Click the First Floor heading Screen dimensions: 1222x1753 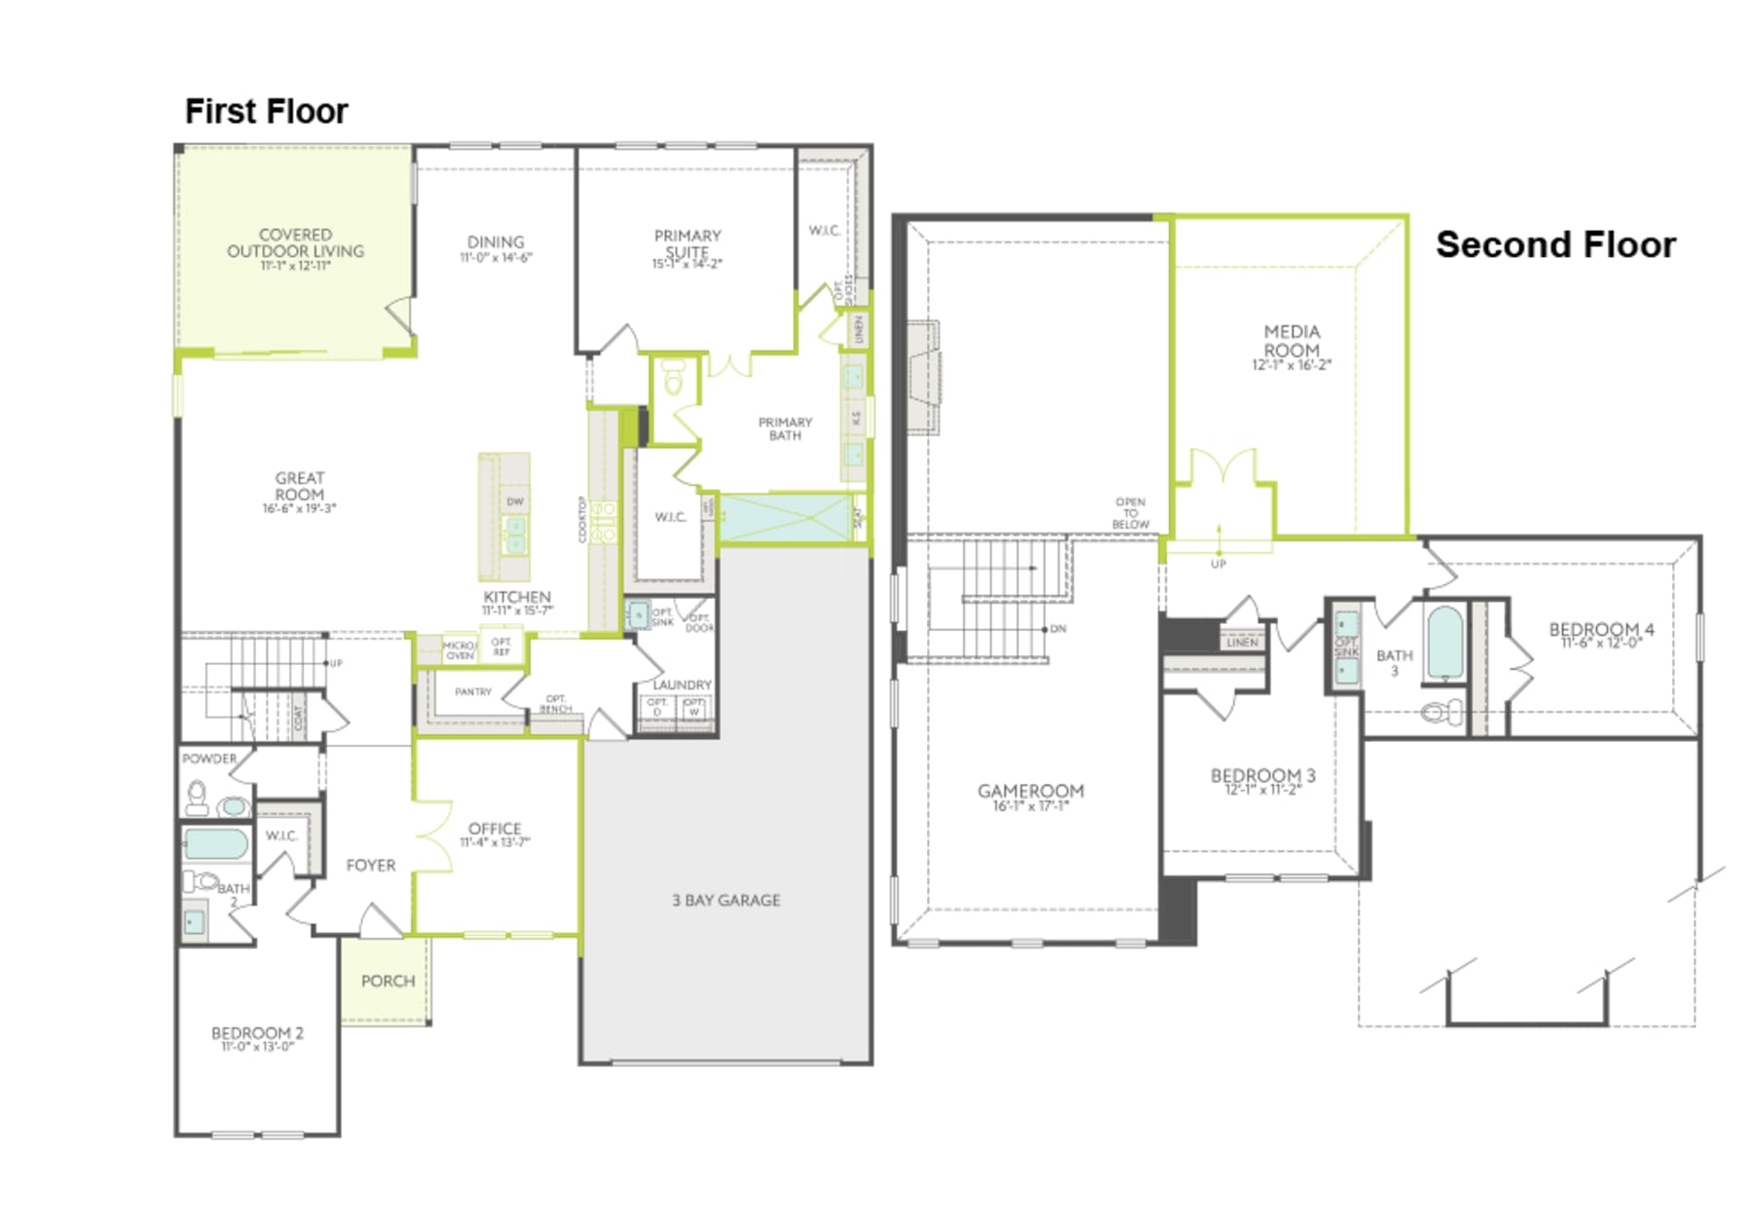(x=266, y=111)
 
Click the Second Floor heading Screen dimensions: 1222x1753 (x=1555, y=244)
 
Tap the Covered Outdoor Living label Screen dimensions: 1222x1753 (x=295, y=242)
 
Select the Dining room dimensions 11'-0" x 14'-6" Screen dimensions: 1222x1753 (x=496, y=258)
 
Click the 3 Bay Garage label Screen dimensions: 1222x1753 (x=726, y=901)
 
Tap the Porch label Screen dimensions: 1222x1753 (x=388, y=981)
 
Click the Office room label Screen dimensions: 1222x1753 (x=495, y=829)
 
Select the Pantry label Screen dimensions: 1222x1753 (x=473, y=691)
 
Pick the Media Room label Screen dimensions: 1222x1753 (x=1291, y=341)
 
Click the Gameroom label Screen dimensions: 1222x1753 (x=1030, y=792)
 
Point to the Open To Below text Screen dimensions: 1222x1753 (x=1130, y=513)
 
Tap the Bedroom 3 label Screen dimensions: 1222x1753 (x=1262, y=776)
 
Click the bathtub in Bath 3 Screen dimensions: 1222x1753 (x=1443, y=643)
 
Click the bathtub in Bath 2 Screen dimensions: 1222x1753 (x=215, y=843)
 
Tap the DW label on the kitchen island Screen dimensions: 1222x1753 (x=515, y=501)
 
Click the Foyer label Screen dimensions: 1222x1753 (x=371, y=865)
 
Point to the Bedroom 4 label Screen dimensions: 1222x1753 (x=1601, y=629)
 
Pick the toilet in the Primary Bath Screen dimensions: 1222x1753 (x=674, y=378)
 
